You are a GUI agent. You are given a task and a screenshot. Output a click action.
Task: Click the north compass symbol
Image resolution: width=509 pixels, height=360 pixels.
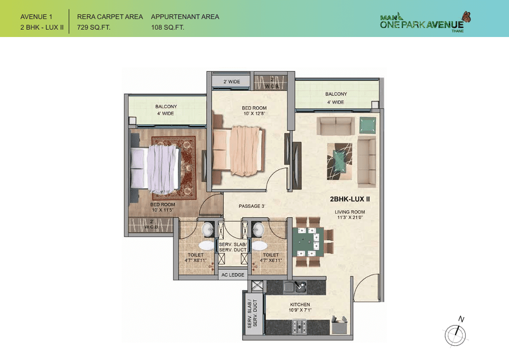coord(457,335)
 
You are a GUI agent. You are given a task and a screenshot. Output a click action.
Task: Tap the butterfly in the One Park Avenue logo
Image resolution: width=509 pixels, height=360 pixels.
coord(466,17)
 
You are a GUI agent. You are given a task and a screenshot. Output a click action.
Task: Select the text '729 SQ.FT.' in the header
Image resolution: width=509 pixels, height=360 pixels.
coord(94,27)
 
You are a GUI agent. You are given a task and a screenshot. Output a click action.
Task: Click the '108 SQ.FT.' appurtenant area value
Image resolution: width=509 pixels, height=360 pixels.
coord(168,27)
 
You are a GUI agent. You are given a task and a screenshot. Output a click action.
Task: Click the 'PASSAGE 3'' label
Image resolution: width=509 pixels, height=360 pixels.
coord(251,206)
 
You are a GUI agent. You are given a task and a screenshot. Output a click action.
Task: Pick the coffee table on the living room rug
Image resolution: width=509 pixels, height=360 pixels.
coord(340,158)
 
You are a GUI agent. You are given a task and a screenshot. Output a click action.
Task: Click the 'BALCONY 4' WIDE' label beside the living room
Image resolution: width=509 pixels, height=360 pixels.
coord(336,98)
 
